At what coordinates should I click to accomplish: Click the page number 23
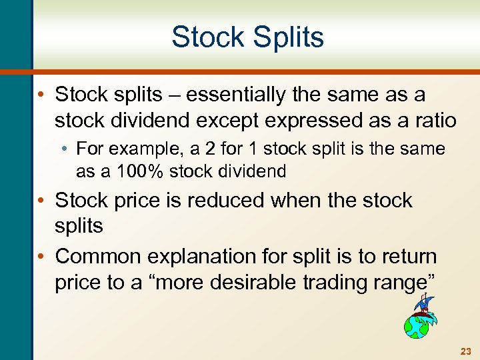(x=465, y=350)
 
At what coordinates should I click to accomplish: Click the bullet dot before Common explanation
(x=45, y=256)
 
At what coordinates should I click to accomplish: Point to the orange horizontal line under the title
(x=253, y=71)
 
